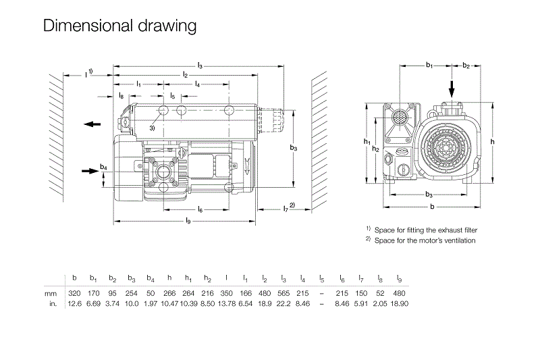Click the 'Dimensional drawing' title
(x=119, y=26)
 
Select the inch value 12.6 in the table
(x=74, y=303)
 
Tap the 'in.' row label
(x=52, y=303)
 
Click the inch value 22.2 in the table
(x=283, y=303)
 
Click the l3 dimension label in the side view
(x=200, y=65)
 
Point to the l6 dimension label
(x=200, y=210)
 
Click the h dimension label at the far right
(x=493, y=141)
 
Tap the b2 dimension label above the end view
(x=466, y=65)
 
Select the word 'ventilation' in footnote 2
(x=458, y=240)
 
